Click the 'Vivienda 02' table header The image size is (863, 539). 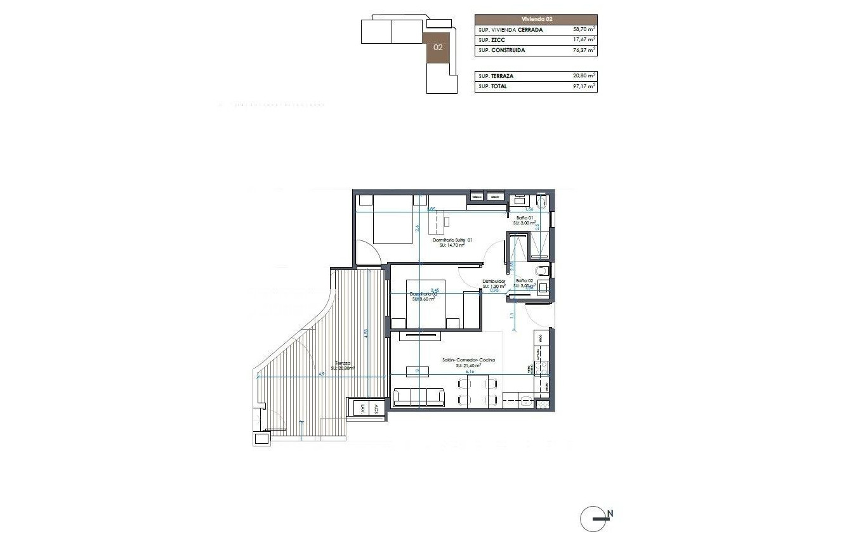pyautogui.click(x=536, y=20)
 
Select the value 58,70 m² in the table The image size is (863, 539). pyautogui.click(x=581, y=30)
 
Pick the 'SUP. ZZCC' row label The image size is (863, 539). pyautogui.click(x=492, y=40)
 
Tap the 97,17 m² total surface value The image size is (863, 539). pyautogui.click(x=581, y=86)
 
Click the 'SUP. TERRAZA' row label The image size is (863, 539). pyautogui.click(x=496, y=76)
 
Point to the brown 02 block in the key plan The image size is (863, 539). pyautogui.click(x=438, y=47)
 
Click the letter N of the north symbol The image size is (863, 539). pyautogui.click(x=610, y=514)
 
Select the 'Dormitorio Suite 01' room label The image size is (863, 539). pyautogui.click(x=452, y=240)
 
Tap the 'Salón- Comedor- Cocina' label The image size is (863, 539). pyautogui.click(x=468, y=360)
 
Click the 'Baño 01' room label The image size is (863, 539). pyautogui.click(x=524, y=218)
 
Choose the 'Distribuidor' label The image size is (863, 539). pyautogui.click(x=494, y=281)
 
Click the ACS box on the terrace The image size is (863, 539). pyautogui.click(x=376, y=409)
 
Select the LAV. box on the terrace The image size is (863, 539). pyautogui.click(x=362, y=409)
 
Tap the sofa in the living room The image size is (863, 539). pyautogui.click(x=419, y=398)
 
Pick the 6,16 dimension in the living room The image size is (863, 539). pyautogui.click(x=470, y=372)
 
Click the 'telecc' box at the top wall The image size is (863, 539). pyautogui.click(x=477, y=197)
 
